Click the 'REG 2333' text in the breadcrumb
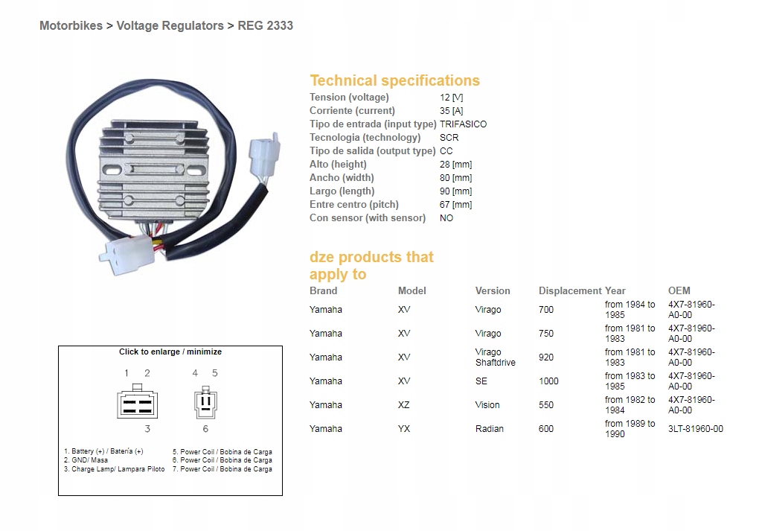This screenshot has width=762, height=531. click(x=265, y=25)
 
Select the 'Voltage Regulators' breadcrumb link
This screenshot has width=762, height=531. click(x=170, y=25)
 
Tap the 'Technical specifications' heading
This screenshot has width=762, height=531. click(x=394, y=80)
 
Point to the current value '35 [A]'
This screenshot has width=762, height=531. click(x=452, y=111)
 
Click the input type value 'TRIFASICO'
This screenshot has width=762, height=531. click(x=463, y=124)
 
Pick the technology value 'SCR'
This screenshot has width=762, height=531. click(x=449, y=138)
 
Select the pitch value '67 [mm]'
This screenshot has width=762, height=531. click(x=455, y=205)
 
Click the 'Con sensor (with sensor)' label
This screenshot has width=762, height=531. click(x=368, y=218)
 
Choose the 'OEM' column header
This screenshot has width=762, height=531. click(x=679, y=290)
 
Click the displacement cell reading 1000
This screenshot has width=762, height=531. click(x=548, y=381)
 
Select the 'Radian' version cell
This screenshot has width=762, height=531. click(x=489, y=429)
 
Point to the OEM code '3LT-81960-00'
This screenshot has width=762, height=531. click(x=695, y=429)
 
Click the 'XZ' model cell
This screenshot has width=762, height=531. click(x=403, y=405)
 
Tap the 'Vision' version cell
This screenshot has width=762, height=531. click(x=487, y=405)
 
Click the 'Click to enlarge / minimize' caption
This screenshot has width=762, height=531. click(x=170, y=352)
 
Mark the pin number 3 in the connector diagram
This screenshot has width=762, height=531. click(x=147, y=429)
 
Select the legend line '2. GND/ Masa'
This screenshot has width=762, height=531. click(x=86, y=460)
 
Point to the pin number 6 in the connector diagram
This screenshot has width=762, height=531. click(x=205, y=429)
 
